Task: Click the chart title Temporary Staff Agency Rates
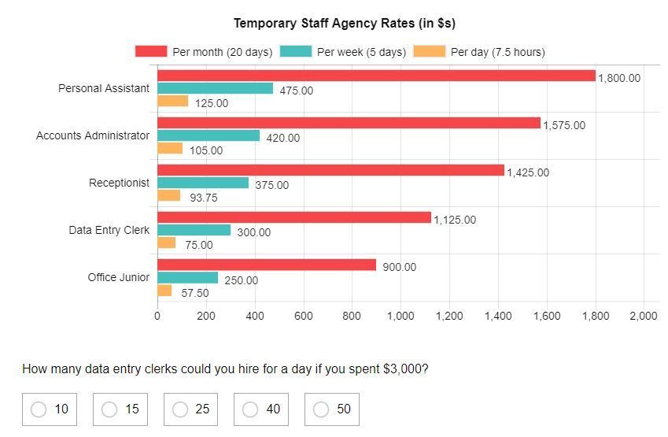(x=344, y=23)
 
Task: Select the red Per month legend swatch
(x=151, y=51)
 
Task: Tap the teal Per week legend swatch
(x=295, y=51)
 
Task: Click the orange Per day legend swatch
(x=429, y=51)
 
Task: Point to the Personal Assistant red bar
(x=376, y=76)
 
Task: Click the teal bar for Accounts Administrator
(x=209, y=135)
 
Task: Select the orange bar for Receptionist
(x=168, y=195)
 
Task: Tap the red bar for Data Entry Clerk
(x=294, y=217)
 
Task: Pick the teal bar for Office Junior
(x=187, y=278)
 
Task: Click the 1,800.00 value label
(x=619, y=78)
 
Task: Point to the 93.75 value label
(x=203, y=198)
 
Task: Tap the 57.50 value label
(x=195, y=293)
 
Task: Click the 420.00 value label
(x=282, y=138)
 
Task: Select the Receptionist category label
(x=119, y=183)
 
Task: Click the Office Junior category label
(x=118, y=277)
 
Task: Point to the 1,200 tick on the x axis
(x=449, y=316)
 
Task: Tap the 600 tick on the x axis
(x=303, y=316)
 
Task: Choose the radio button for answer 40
(x=250, y=409)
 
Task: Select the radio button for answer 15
(x=109, y=409)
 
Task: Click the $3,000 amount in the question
(x=404, y=368)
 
